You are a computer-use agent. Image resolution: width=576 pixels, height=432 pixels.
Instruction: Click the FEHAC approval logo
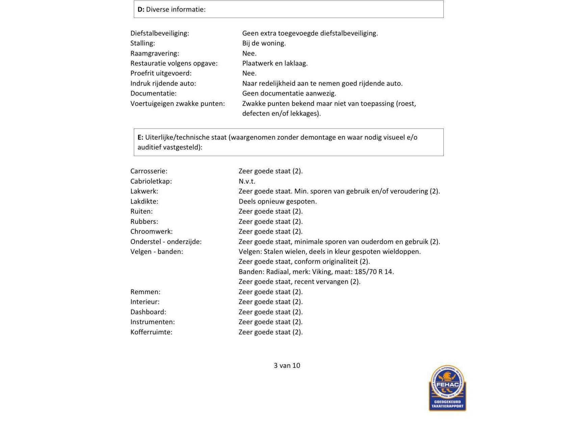[x=447, y=388]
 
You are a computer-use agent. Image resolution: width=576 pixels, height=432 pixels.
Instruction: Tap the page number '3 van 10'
[x=287, y=366]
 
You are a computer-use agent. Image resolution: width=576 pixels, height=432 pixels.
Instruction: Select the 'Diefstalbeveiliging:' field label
[x=159, y=33]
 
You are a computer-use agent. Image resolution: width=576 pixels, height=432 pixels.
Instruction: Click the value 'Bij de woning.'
[x=264, y=43]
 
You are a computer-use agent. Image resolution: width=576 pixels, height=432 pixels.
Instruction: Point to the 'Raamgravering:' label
[x=155, y=53]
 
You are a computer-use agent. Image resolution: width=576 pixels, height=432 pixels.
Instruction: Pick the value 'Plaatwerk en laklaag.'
[x=274, y=63]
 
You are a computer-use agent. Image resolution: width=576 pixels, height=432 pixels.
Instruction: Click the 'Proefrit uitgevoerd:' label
[x=161, y=73]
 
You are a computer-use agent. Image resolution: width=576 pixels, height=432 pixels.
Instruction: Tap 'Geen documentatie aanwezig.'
[x=289, y=93]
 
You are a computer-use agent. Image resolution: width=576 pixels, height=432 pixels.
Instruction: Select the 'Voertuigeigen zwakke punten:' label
[x=177, y=104]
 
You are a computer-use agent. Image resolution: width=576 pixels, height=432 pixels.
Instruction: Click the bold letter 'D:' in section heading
[x=141, y=9]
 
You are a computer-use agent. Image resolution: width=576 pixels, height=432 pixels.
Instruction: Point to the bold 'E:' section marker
[x=140, y=137]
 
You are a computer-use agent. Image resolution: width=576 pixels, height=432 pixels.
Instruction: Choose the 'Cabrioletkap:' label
[x=151, y=181]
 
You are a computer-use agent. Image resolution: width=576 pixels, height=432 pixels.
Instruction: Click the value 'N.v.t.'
[x=247, y=181]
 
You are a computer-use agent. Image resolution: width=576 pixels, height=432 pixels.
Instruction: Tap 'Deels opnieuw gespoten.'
[x=278, y=201]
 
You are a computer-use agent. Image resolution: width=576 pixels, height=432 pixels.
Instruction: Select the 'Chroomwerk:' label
[x=151, y=232]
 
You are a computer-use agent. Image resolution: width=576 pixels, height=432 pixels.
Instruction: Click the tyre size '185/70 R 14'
[x=374, y=272]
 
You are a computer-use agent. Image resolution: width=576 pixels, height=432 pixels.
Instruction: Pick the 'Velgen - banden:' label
[x=157, y=252]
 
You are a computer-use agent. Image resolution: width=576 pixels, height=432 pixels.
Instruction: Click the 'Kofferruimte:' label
[x=151, y=332]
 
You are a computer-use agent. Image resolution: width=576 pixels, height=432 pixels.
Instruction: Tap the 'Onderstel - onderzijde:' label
[x=166, y=242]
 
